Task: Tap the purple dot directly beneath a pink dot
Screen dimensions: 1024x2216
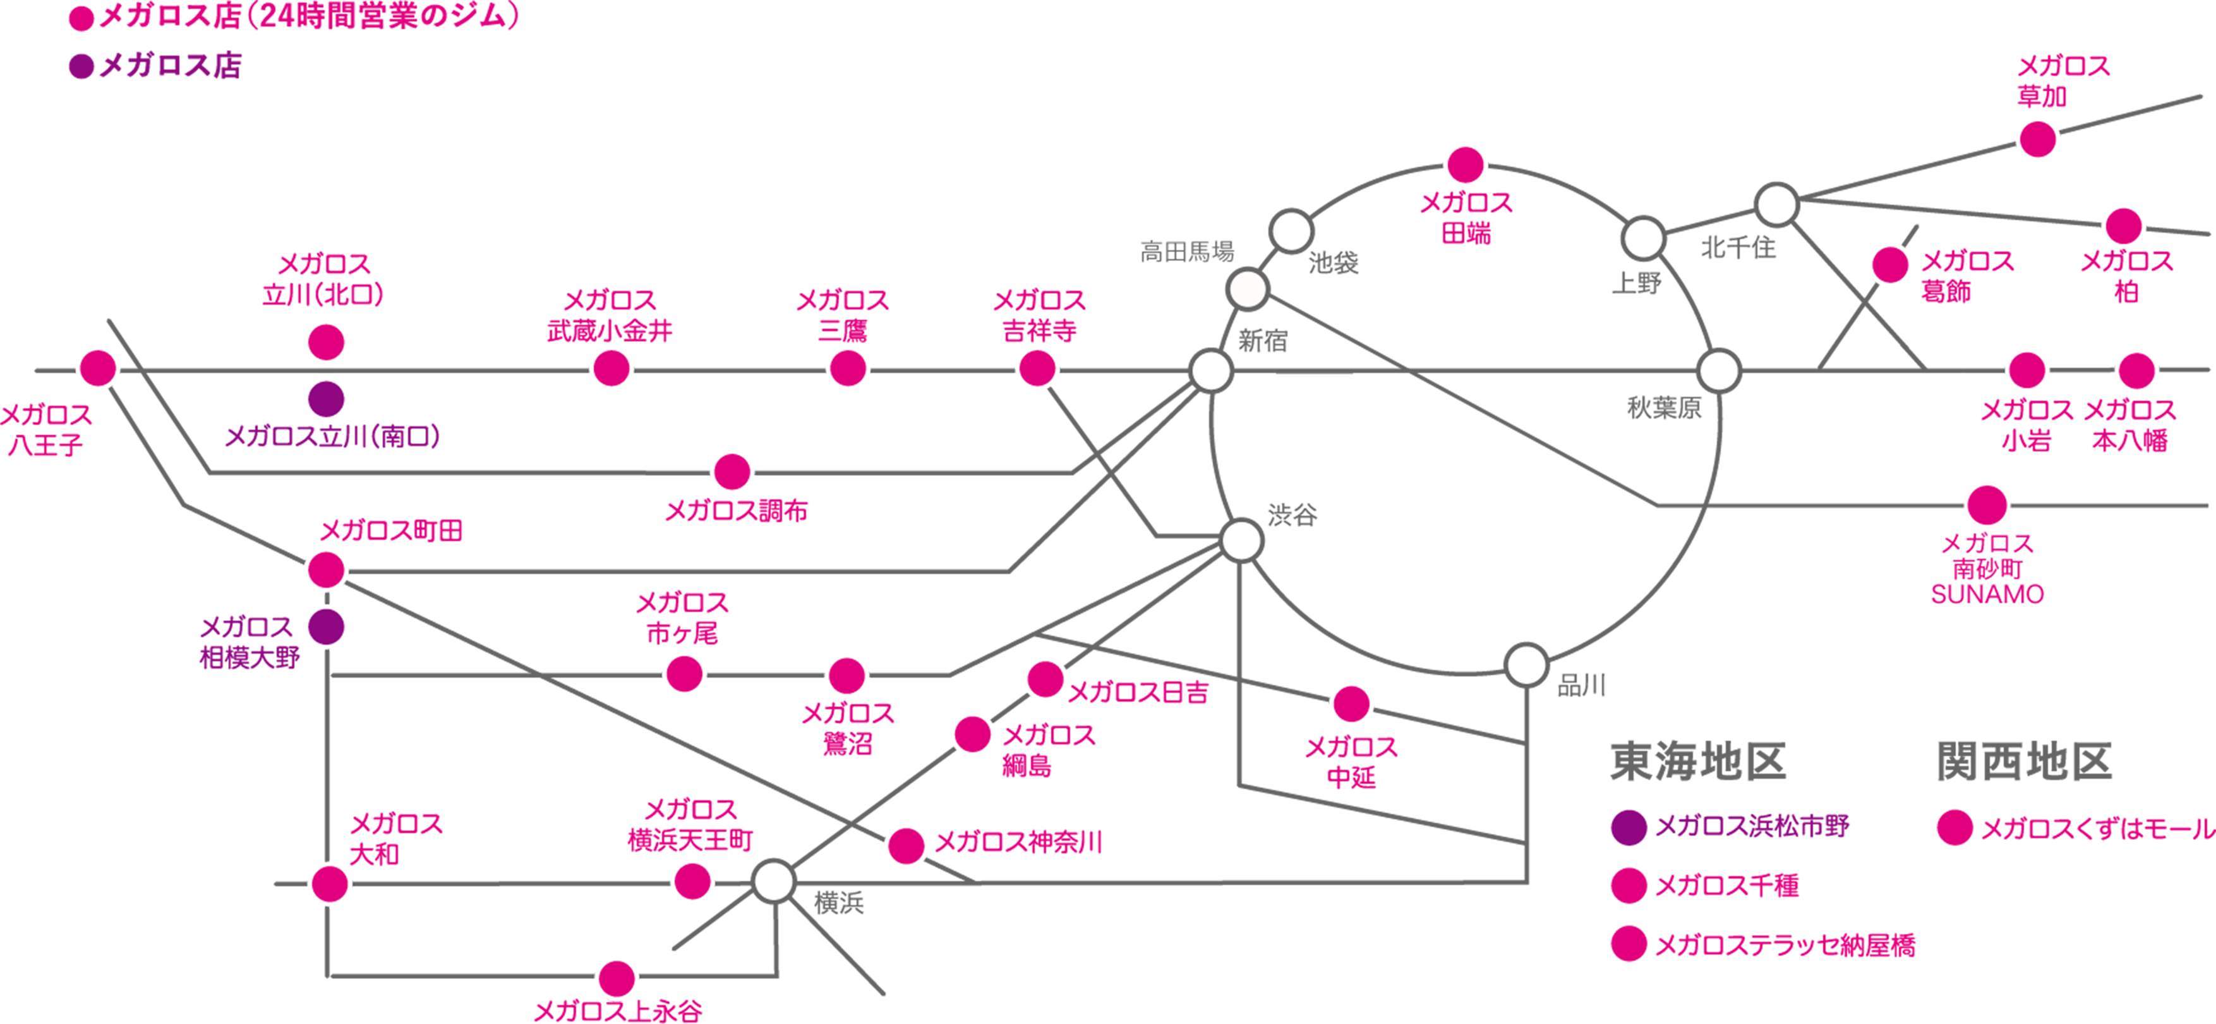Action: [326, 626]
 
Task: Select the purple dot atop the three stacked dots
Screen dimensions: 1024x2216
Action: [1629, 827]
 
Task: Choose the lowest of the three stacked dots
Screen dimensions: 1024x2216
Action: [1629, 942]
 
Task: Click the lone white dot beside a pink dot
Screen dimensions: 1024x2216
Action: [773, 882]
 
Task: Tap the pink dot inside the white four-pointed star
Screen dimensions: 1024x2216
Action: [330, 884]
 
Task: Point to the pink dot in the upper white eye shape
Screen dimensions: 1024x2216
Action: [326, 341]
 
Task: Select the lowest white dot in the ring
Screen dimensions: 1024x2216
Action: [1526, 665]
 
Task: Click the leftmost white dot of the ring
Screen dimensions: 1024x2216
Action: [1210, 371]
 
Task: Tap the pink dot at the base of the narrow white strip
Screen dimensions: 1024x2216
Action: [1466, 165]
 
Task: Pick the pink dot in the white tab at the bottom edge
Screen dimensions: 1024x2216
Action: [616, 978]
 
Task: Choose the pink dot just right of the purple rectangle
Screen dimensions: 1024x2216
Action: [1954, 827]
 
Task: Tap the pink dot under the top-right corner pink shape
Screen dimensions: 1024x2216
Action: [2038, 140]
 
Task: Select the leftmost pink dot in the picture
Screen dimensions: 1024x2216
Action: [97, 367]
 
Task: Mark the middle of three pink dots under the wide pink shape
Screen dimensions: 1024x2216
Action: [847, 367]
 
